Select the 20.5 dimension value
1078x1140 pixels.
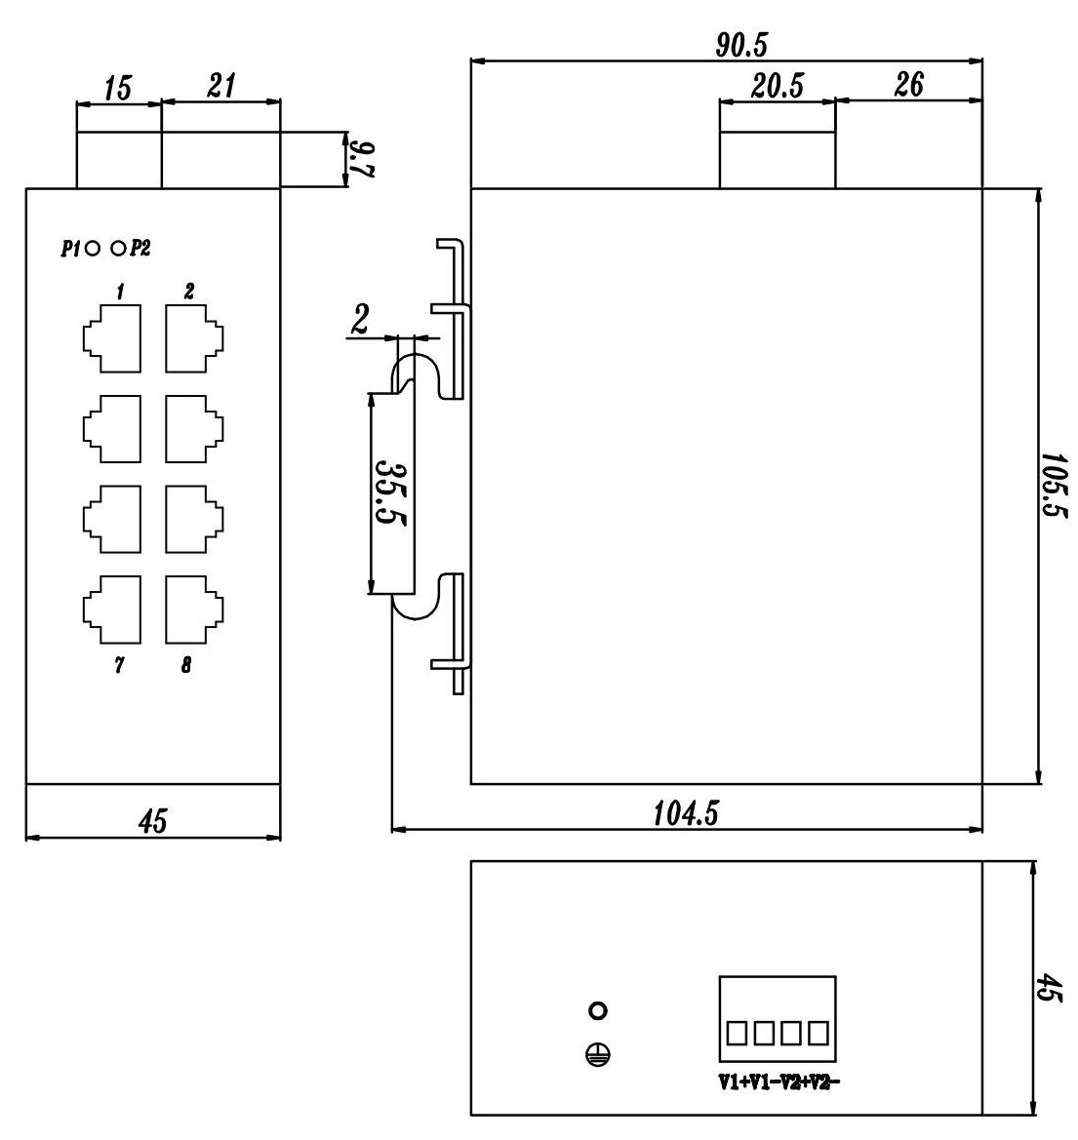(x=778, y=86)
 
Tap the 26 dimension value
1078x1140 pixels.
(x=907, y=85)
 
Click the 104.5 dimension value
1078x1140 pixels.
(x=687, y=813)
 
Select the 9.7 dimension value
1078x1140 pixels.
(x=363, y=159)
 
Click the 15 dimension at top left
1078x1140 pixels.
(x=117, y=89)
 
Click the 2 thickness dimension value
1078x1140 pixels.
(x=360, y=320)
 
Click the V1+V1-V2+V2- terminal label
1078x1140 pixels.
(x=779, y=1081)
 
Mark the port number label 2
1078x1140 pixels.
(x=189, y=292)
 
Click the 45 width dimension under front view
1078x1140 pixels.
(x=153, y=821)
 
